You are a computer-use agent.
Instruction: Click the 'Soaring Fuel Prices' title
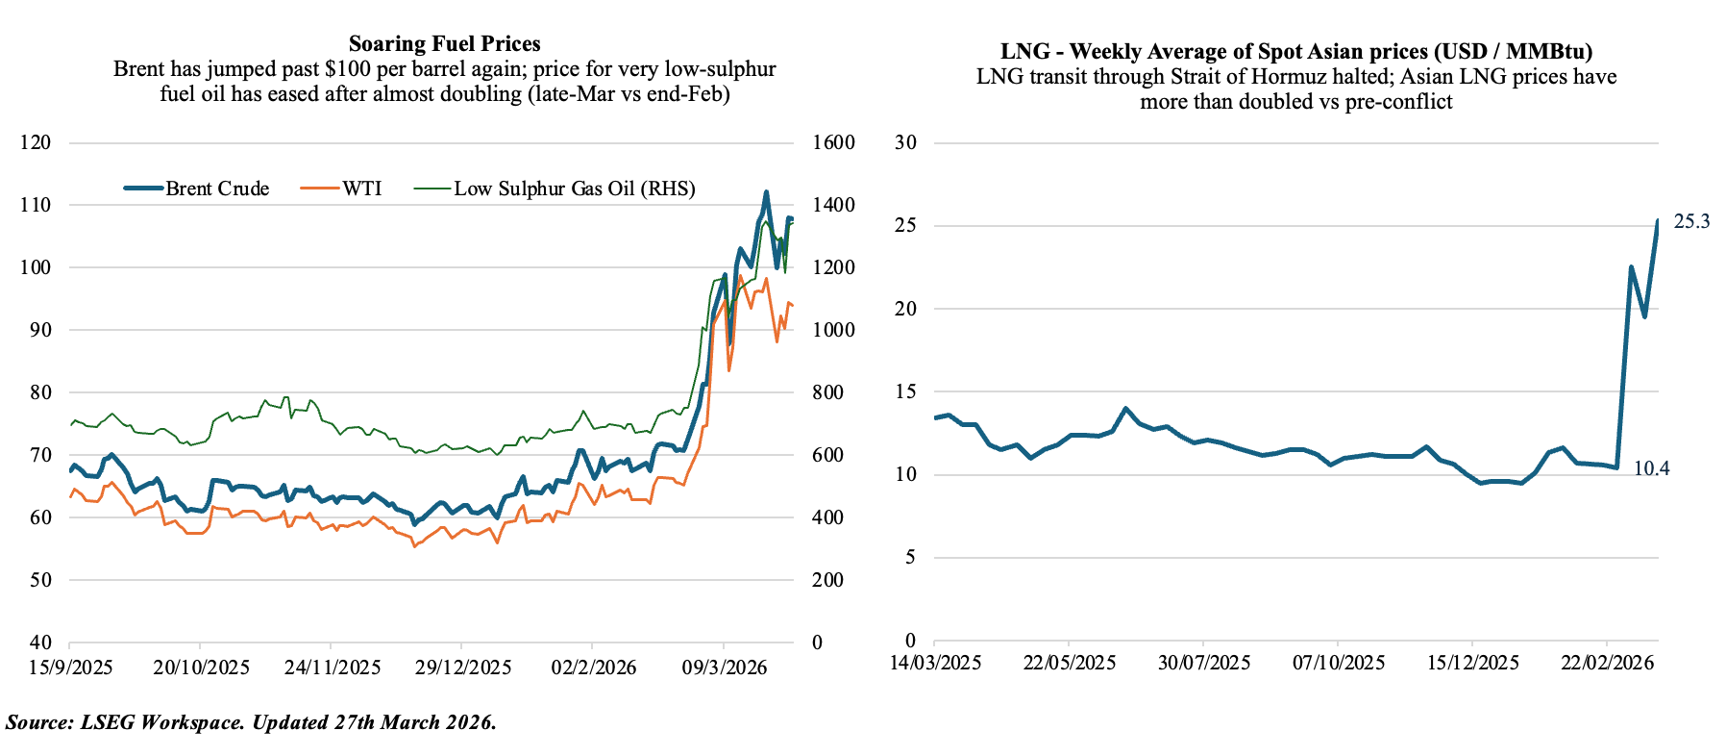coord(444,43)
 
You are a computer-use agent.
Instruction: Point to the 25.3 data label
coord(1691,222)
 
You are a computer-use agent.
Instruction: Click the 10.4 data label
coord(1651,469)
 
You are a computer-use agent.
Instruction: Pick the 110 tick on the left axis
coord(36,205)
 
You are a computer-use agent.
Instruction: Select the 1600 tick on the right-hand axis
coord(833,142)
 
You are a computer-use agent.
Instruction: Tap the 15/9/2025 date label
coord(70,668)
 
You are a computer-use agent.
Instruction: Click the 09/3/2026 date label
coord(724,668)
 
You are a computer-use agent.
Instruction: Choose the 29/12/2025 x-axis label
coord(462,668)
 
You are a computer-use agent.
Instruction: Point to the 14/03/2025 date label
coord(935,663)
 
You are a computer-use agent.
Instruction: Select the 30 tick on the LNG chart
coord(905,142)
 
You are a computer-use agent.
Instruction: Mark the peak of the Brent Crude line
coord(766,192)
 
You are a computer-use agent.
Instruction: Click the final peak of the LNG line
coord(1658,222)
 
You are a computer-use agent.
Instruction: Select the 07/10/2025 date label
coord(1339,663)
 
